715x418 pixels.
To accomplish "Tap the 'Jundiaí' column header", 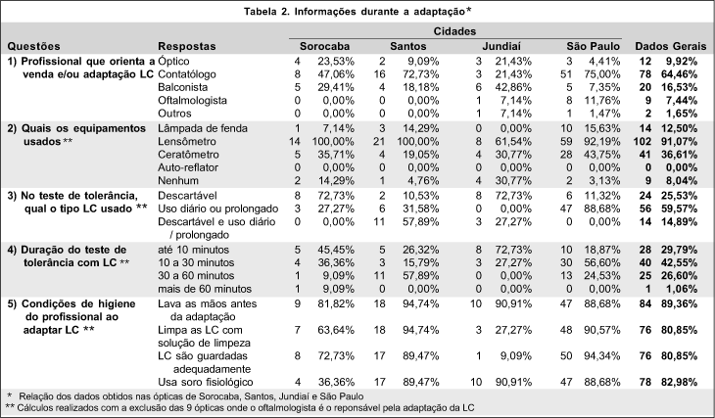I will pyautogui.click(x=505, y=45).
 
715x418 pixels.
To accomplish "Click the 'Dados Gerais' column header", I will pyautogui.click(x=670, y=45).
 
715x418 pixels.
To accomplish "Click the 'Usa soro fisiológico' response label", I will pyautogui.click(x=210, y=379).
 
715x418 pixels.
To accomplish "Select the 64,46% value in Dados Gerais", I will pyautogui.click(x=688, y=73).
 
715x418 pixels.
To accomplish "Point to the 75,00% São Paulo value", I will pyautogui.click(x=602, y=73).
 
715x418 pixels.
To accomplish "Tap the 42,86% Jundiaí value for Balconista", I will pyautogui.click(x=509, y=87).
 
